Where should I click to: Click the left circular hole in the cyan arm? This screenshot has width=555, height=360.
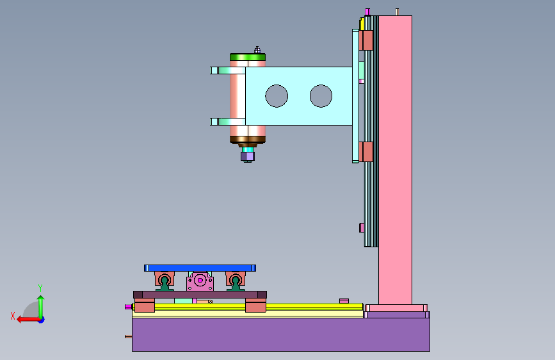click(x=277, y=95)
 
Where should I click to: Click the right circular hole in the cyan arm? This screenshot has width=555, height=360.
click(x=321, y=95)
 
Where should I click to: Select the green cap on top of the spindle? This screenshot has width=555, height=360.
click(x=248, y=57)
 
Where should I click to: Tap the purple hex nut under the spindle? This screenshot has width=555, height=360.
click(x=248, y=156)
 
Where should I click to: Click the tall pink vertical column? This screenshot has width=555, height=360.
click(x=395, y=160)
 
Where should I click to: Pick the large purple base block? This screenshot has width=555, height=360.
click(x=281, y=334)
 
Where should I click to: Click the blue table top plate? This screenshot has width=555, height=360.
click(x=200, y=268)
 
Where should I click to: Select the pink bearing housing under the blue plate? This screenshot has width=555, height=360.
click(x=200, y=281)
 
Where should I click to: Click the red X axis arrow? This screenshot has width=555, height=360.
click(x=28, y=320)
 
